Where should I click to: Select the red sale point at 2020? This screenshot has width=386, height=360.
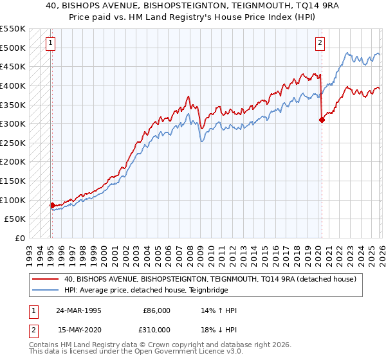[322, 120]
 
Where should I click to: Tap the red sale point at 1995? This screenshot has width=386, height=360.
[52, 205]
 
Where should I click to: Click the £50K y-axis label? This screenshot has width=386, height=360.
[15, 219]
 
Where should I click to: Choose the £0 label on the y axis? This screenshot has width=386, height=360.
[20, 238]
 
